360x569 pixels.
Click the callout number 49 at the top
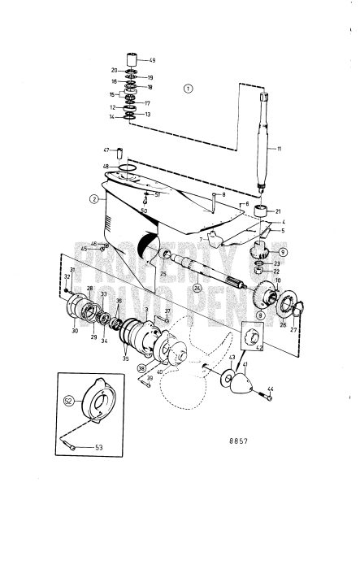152,60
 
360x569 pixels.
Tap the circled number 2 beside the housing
93,198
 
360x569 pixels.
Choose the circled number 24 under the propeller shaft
196,287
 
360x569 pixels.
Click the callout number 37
168,311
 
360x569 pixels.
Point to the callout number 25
163,274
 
